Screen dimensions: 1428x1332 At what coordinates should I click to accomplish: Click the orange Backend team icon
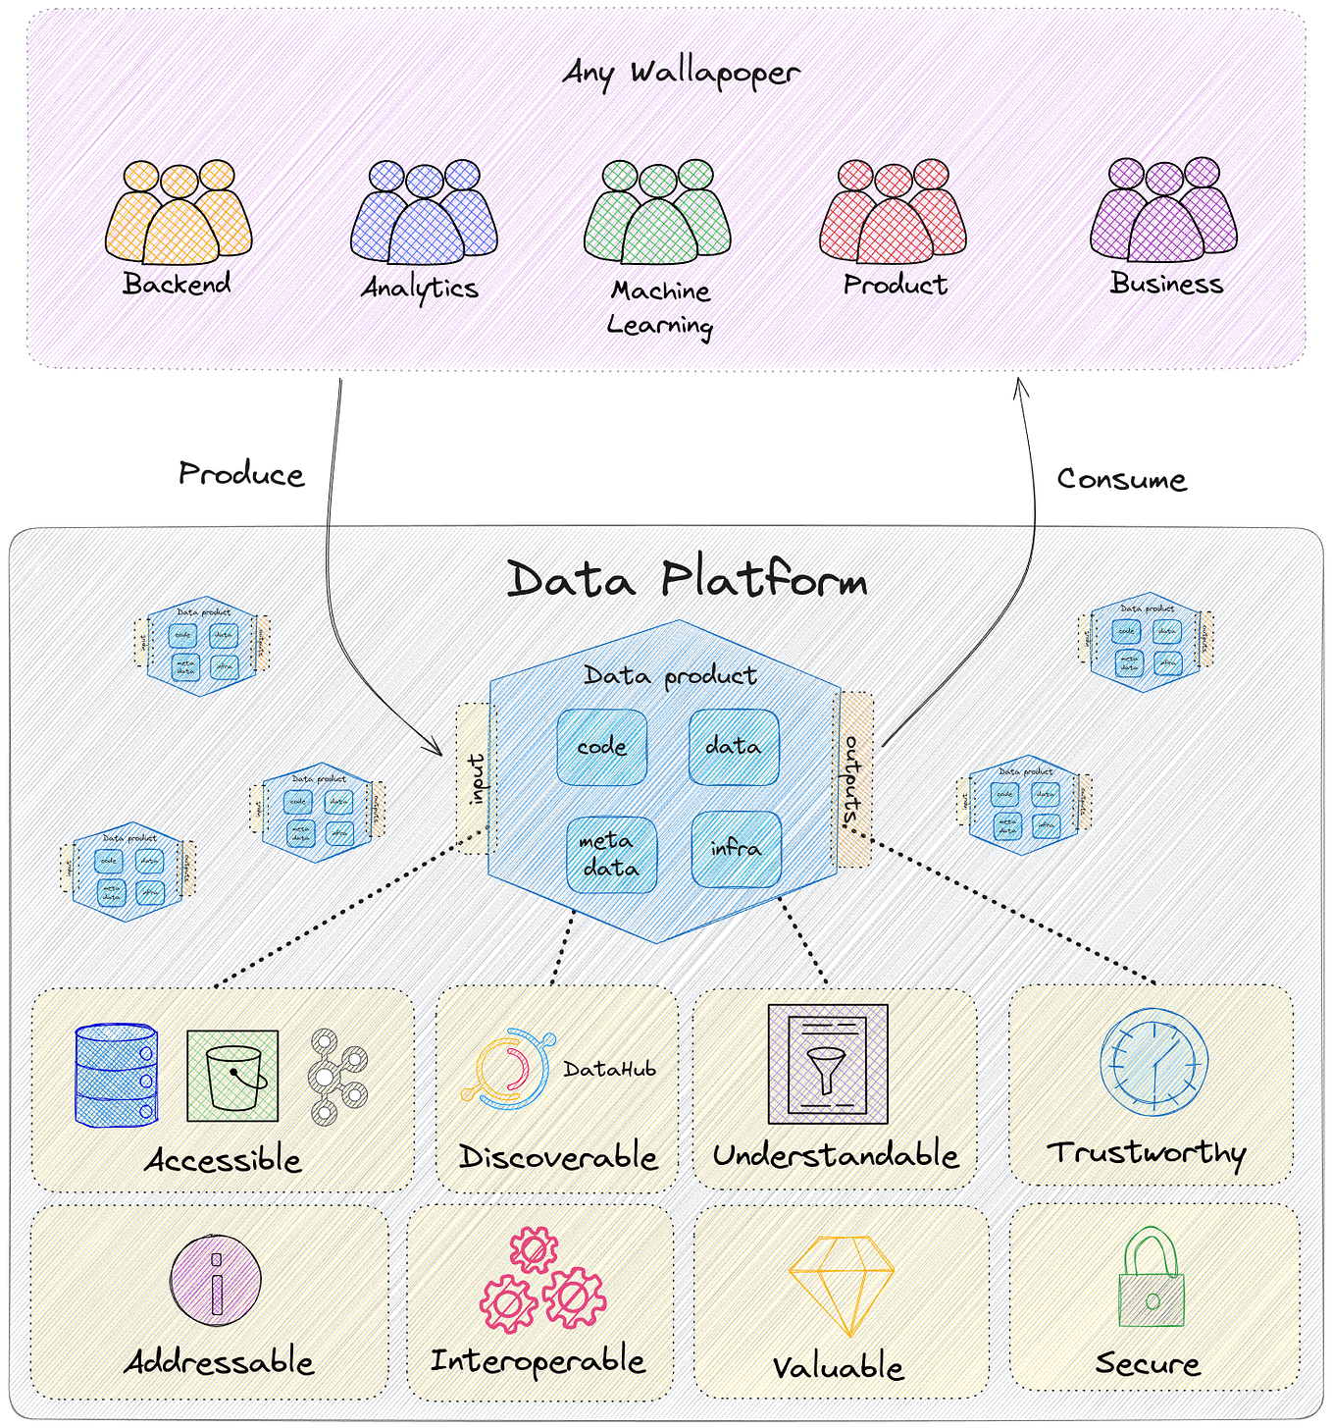pyautogui.click(x=179, y=214)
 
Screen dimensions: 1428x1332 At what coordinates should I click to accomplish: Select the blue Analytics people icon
pyautogui.click(x=424, y=214)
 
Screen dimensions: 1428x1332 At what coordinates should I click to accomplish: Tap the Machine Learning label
pyautogui.click(x=659, y=307)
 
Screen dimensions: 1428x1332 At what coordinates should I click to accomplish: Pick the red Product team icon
pyautogui.click(x=893, y=213)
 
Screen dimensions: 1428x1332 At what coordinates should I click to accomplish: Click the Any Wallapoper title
pyautogui.click(x=681, y=73)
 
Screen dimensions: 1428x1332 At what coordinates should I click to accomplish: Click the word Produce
pyautogui.click(x=241, y=475)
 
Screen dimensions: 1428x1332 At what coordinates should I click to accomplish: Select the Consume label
pyautogui.click(x=1121, y=479)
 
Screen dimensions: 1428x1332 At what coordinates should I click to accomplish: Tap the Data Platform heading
pyautogui.click(x=687, y=579)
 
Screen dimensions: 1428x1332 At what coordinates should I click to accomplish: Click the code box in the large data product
pyautogui.click(x=601, y=747)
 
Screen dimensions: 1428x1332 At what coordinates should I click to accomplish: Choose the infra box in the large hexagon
pyautogui.click(x=736, y=848)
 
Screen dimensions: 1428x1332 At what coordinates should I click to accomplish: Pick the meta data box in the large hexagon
pyautogui.click(x=610, y=855)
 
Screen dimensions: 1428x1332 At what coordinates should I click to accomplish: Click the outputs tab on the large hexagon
pyautogui.click(x=853, y=779)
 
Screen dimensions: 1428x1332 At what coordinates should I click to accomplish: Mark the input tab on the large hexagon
pyautogui.click(x=476, y=778)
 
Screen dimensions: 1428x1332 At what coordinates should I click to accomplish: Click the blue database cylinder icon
pyautogui.click(x=116, y=1075)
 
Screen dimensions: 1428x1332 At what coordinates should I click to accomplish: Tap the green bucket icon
pyautogui.click(x=232, y=1076)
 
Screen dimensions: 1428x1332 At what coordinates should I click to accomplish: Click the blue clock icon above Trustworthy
pyautogui.click(x=1153, y=1062)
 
